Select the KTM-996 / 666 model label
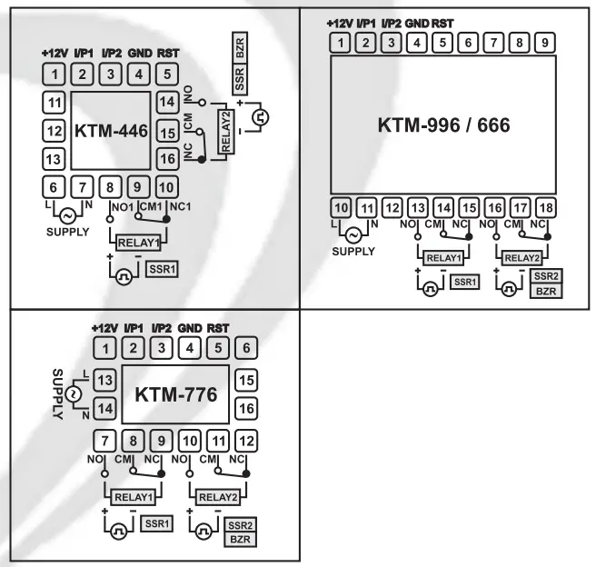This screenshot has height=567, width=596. (443, 127)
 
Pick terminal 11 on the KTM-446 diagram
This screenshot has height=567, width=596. (55, 102)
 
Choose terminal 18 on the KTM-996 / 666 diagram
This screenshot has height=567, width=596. (545, 207)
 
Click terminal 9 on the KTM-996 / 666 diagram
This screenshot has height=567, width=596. (543, 42)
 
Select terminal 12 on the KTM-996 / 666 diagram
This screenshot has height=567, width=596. (392, 207)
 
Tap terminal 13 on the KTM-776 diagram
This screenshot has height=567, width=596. (106, 379)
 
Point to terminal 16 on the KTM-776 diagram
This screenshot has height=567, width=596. (243, 410)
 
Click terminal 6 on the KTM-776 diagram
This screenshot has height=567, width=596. (243, 347)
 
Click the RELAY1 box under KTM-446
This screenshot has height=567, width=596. (137, 243)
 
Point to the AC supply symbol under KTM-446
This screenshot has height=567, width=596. (67, 215)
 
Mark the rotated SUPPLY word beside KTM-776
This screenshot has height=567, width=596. (55, 396)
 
